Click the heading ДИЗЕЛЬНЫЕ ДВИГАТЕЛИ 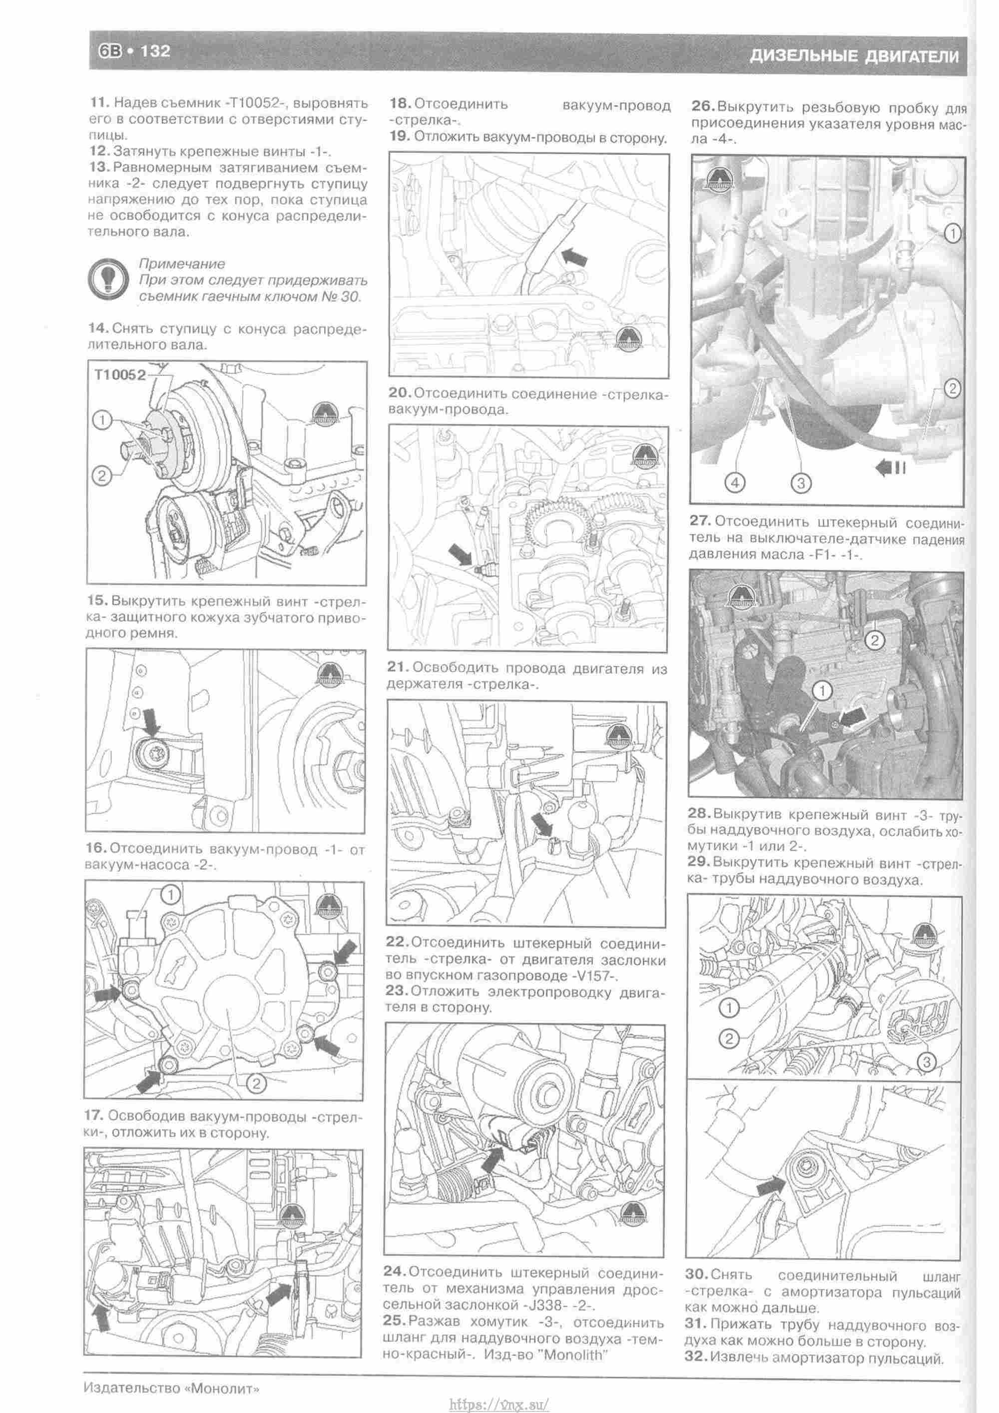[x=854, y=56]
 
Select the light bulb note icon [x=108, y=280]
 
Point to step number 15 [x=97, y=600]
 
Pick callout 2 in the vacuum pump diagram [x=256, y=1083]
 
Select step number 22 [x=397, y=942]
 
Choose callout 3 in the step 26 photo [x=800, y=483]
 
